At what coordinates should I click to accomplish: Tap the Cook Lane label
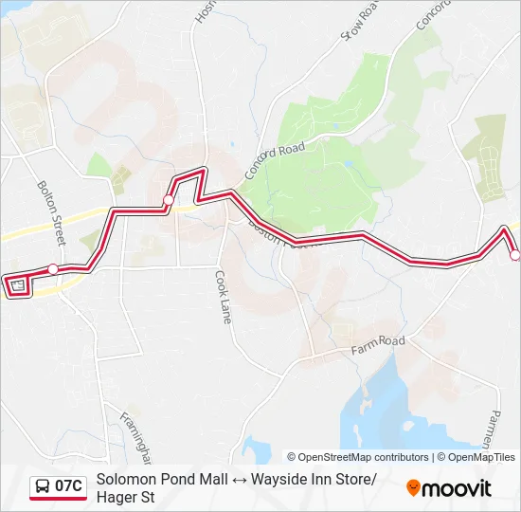pos(222,298)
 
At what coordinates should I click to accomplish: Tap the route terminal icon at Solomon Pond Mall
pos(16,285)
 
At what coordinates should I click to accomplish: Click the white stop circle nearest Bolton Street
pos(53,269)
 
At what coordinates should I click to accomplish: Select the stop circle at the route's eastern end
pos(515,255)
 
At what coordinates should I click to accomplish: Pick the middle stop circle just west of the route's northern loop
pos(169,199)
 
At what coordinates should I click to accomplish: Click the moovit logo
pos(449,488)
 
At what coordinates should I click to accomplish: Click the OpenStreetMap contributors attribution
pos(364,457)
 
